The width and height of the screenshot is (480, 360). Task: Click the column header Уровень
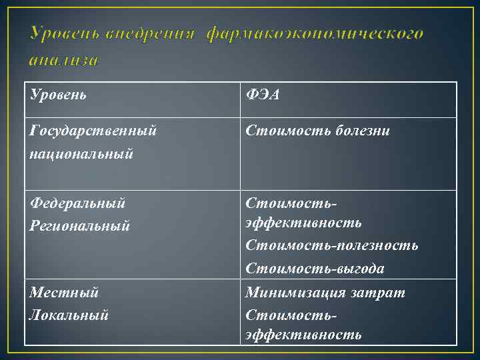(x=58, y=95)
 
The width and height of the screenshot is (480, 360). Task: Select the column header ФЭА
(x=262, y=95)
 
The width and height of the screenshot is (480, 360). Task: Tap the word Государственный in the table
(x=93, y=131)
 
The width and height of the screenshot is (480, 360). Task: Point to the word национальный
(x=81, y=154)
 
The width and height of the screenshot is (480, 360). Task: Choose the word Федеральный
(x=78, y=203)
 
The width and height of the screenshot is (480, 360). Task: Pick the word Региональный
(x=80, y=226)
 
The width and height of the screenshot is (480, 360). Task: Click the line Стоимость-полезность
(x=331, y=245)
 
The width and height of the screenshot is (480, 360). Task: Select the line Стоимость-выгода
(x=315, y=269)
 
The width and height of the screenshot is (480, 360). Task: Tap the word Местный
(x=64, y=292)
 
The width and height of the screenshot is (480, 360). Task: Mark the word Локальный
(x=69, y=315)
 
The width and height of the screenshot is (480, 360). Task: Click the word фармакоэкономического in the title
(x=314, y=33)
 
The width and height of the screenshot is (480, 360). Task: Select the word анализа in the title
(x=64, y=60)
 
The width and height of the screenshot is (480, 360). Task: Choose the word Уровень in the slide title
(x=64, y=33)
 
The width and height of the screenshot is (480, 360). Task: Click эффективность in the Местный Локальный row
(x=303, y=334)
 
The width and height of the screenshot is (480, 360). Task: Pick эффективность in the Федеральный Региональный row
(x=303, y=222)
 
